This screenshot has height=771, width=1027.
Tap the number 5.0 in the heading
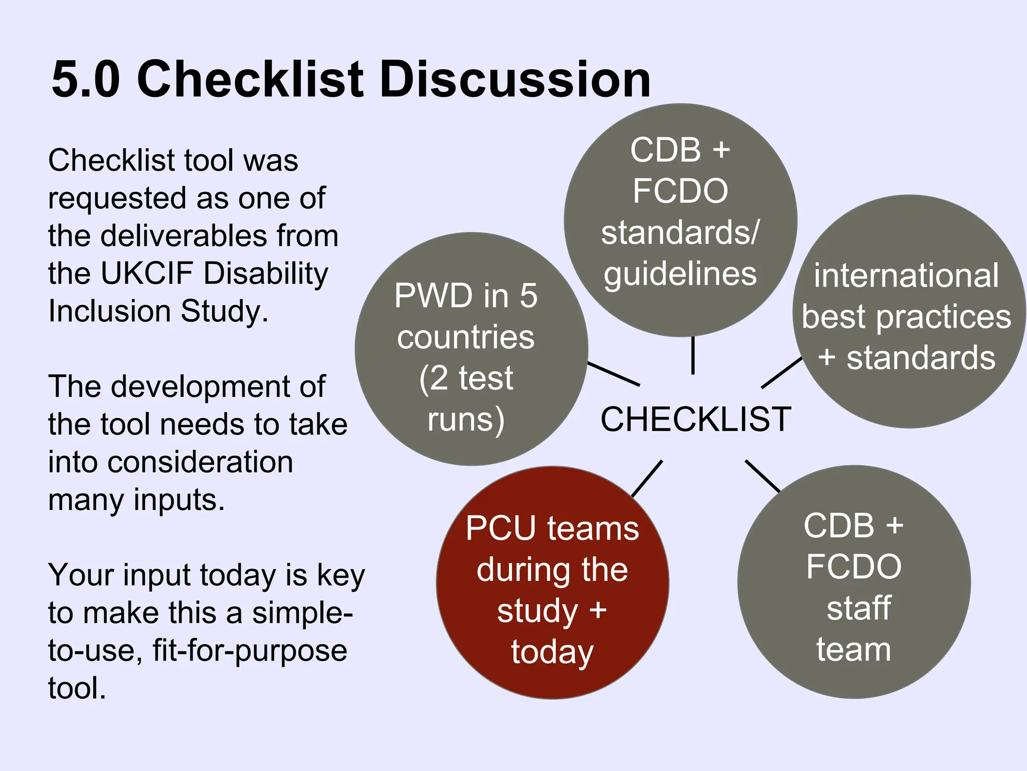pyautogui.click(x=86, y=79)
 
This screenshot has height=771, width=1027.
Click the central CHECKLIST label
pyautogui.click(x=696, y=419)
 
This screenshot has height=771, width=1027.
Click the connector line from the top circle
pyautogui.click(x=693, y=355)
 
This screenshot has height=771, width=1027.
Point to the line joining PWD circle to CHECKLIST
pyautogui.click(x=613, y=374)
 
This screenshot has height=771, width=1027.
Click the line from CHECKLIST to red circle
pyautogui.click(x=647, y=479)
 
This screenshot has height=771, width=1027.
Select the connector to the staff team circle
pyautogui.click(x=762, y=476)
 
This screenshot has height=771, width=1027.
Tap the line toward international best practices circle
pyautogui.click(x=782, y=372)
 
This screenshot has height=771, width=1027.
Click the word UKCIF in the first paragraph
pyautogui.click(x=146, y=274)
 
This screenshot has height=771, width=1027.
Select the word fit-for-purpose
pyautogui.click(x=250, y=651)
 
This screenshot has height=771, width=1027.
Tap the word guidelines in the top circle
pyautogui.click(x=680, y=274)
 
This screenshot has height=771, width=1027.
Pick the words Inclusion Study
pyautogui.click(x=158, y=311)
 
